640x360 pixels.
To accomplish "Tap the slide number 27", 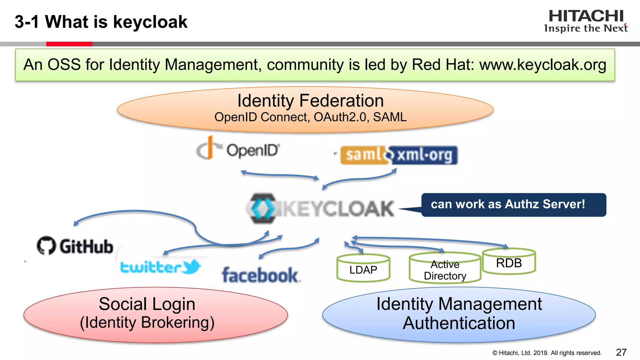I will pos(621,352).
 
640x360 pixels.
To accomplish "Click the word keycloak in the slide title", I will pos(150,22).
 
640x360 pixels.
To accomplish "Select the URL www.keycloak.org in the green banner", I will pos(542,65).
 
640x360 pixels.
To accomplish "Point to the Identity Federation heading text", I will pos(310,101).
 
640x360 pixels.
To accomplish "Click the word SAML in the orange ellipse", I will pos(390,117).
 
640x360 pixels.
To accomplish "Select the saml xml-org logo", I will pos(399,155).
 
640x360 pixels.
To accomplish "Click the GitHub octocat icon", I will pos(46,245).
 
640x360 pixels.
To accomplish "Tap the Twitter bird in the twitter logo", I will pos(191,267).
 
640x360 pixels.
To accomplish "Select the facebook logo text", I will pos(260,275).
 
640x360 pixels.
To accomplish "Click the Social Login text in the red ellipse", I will pos(147,304).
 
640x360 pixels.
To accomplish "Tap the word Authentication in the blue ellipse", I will pos(459,323).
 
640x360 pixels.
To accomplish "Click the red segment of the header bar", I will pos(69,44).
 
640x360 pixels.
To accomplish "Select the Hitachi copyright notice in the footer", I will pos(547,353).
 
